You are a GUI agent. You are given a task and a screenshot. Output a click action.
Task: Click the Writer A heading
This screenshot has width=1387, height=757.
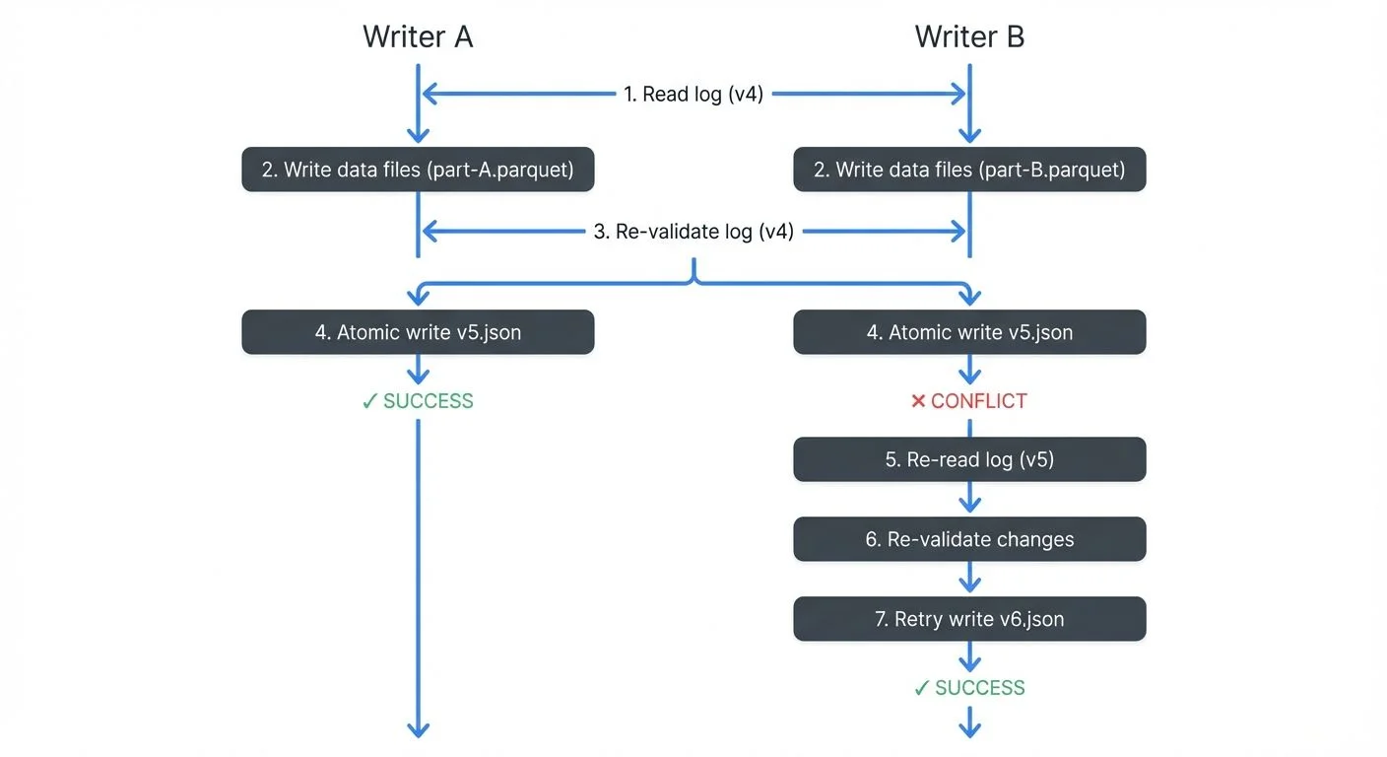[x=418, y=36]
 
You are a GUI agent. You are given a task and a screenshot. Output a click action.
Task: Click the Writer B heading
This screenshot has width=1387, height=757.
[x=969, y=36]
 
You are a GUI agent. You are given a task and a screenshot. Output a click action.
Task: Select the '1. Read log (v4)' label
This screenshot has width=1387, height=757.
[x=693, y=95]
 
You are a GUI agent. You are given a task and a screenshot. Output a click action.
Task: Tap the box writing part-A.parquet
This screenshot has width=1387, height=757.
[x=418, y=170]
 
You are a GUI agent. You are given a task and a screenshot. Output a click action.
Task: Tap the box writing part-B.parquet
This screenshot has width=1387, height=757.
[x=969, y=170]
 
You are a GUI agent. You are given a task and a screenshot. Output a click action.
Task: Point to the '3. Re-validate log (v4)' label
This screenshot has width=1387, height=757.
[x=693, y=232]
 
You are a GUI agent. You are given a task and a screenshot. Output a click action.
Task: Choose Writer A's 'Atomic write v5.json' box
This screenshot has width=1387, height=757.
[x=418, y=332]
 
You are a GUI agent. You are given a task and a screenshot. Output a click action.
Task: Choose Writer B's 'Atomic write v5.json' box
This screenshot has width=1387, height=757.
[x=969, y=332]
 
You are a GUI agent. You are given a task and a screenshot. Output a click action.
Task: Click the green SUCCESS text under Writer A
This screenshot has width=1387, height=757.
[x=429, y=401]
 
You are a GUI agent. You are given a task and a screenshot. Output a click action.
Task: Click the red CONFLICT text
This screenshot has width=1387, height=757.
[x=979, y=401]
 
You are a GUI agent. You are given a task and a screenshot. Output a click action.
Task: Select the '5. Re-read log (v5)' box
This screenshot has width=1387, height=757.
[x=969, y=459]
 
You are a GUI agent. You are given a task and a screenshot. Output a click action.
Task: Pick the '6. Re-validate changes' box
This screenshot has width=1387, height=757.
[x=969, y=539]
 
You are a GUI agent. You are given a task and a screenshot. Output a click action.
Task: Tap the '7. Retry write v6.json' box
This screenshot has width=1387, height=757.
[x=969, y=619]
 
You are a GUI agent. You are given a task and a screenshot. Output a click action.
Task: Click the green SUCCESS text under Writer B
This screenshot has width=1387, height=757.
[x=980, y=688]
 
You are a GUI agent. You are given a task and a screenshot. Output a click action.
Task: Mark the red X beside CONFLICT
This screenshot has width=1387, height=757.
[x=918, y=401]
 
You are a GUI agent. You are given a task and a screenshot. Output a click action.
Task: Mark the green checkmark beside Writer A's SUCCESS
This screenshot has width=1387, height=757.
[x=369, y=401]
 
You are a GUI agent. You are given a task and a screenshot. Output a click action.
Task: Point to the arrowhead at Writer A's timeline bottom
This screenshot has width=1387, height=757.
[x=418, y=729]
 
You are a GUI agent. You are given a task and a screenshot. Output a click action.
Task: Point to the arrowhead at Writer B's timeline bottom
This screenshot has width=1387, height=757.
[x=969, y=729]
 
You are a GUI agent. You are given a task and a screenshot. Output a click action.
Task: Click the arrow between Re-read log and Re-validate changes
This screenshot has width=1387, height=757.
[x=969, y=500]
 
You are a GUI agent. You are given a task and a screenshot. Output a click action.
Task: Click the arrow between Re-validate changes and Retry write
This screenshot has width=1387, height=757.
[x=969, y=580]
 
